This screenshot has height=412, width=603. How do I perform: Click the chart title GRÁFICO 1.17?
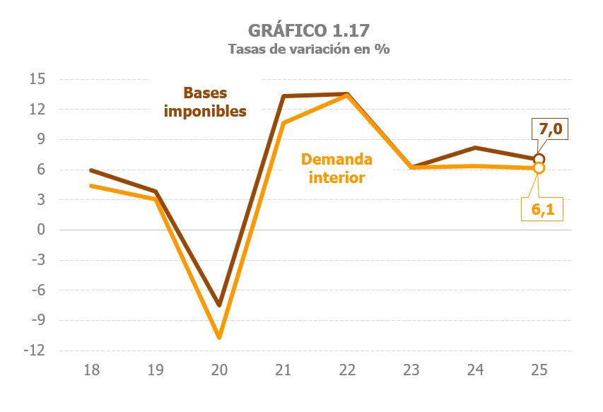pos(308,30)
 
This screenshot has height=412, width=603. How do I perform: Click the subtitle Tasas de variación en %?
pos(308,49)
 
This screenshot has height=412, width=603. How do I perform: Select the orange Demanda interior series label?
pos(336,168)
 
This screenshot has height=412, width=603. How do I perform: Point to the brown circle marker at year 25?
pos(539,159)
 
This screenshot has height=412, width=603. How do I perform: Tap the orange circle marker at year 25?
pos(539,168)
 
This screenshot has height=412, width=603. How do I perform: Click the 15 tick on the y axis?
pos(37,79)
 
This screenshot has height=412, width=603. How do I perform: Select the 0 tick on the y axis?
pos(42,230)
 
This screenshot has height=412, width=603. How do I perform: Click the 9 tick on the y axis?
pos(42,139)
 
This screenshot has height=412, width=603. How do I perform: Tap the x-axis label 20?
pos(219,370)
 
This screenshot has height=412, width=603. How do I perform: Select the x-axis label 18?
pos(91,370)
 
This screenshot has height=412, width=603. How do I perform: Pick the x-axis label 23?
pos(411,370)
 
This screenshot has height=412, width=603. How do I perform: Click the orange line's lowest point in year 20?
pos(219,337)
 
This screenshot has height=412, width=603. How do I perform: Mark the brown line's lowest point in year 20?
pos(219,305)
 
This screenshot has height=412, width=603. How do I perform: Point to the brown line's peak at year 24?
pos(476,148)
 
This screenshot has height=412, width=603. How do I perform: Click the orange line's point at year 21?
pos(283,123)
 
